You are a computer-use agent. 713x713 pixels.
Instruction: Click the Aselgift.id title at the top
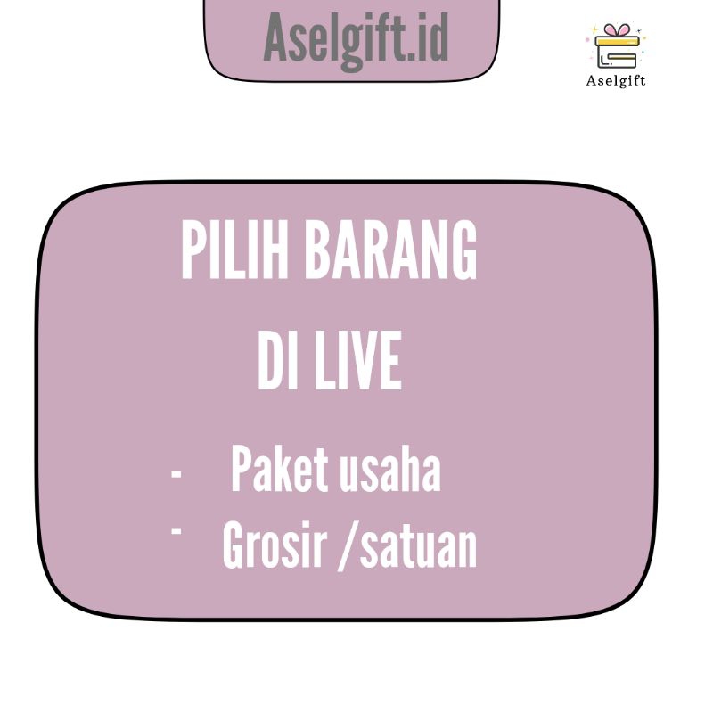[356, 38]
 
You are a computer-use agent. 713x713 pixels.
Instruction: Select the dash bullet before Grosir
[176, 530]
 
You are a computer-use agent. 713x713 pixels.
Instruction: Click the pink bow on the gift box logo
[616, 30]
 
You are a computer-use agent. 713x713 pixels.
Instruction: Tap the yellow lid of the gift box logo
[617, 41]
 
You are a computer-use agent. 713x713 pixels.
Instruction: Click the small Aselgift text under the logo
[616, 81]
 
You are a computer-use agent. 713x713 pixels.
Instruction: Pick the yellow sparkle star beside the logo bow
[595, 29]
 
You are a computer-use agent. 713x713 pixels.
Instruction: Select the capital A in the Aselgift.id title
[278, 38]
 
